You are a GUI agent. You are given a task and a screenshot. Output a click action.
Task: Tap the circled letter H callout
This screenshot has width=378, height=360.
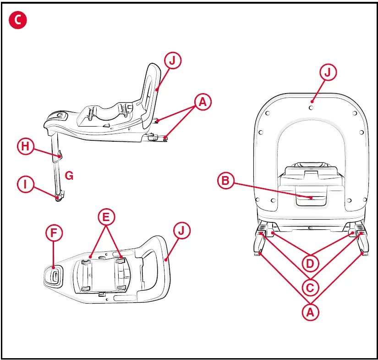26,147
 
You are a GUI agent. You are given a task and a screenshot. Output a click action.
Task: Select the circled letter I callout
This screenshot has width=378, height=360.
26,184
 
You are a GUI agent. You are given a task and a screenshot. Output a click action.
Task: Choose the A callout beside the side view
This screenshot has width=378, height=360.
202,102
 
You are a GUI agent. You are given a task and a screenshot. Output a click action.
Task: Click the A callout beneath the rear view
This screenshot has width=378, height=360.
311,313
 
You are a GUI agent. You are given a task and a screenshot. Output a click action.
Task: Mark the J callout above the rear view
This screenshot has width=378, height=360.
329,73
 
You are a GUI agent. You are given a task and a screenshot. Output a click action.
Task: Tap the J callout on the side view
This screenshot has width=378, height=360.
173,61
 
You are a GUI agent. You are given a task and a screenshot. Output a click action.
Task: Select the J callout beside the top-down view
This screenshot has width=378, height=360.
182,231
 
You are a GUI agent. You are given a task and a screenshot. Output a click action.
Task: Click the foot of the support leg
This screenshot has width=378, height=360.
59,198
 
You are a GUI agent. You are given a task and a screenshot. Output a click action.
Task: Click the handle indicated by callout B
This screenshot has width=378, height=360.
311,198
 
